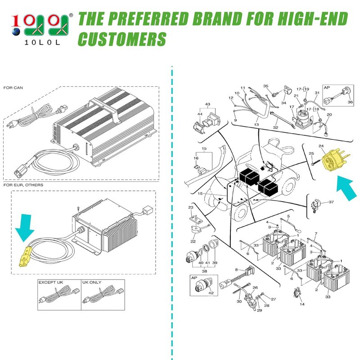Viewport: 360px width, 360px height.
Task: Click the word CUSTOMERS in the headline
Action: (x=122, y=39)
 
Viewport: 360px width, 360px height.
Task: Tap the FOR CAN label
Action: (x=13, y=88)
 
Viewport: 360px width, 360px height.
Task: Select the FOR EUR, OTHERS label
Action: (x=23, y=185)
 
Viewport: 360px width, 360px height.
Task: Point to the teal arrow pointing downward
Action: (x=25, y=228)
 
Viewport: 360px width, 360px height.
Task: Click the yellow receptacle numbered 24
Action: (x=335, y=160)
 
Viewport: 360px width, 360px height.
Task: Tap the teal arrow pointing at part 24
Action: (x=346, y=188)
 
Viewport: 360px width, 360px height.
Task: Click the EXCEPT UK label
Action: (x=50, y=283)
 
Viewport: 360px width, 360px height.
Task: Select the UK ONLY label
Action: (x=92, y=283)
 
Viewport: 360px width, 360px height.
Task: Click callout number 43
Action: (x=207, y=104)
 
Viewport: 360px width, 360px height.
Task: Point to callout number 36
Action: (x=350, y=102)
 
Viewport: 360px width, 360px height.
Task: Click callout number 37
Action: (x=331, y=202)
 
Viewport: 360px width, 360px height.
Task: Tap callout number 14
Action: (x=302, y=304)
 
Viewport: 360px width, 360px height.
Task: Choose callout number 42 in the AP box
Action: (x=211, y=293)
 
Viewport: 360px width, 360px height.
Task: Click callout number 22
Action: (x=193, y=241)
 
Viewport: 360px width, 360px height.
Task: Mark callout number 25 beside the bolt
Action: (x=311, y=153)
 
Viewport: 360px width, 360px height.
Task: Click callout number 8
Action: (x=237, y=270)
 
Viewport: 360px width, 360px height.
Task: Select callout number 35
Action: (x=265, y=86)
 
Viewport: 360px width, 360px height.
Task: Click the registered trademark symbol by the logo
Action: (x=71, y=15)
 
